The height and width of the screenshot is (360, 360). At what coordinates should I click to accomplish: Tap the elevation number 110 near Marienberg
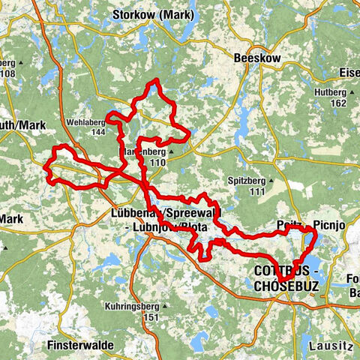coord(157,162)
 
